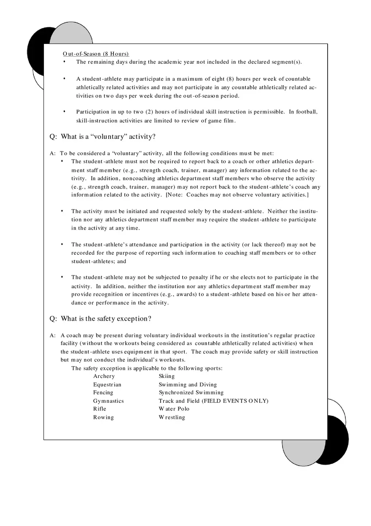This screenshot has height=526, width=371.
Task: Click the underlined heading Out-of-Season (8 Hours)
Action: pyautogui.click(x=96, y=54)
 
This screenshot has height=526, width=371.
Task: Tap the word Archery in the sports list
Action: pyautogui.click(x=104, y=376)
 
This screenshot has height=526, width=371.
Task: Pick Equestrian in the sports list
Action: pyautogui.click(x=107, y=385)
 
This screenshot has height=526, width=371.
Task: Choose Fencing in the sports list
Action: pyautogui.click(x=103, y=393)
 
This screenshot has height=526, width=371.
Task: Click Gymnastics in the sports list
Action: pyautogui.click(x=108, y=401)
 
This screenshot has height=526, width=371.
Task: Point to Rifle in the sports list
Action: pyautogui.click(x=99, y=409)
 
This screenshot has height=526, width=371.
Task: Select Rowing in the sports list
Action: pyautogui.click(x=103, y=417)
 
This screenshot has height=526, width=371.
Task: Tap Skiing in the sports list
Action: pyautogui.click(x=167, y=376)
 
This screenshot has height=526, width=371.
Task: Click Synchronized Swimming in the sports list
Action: pyautogui.click(x=191, y=393)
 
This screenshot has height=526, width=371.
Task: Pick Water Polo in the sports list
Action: pyautogui.click(x=174, y=409)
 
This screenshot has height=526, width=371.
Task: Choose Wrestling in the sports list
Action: pyautogui.click(x=172, y=417)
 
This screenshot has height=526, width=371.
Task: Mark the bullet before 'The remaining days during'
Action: pyautogui.click(x=64, y=62)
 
